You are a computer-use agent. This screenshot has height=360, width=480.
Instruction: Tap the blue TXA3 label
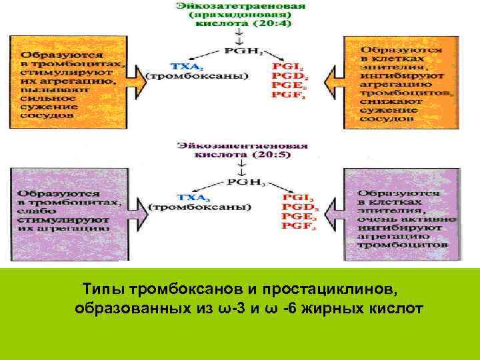[186, 197]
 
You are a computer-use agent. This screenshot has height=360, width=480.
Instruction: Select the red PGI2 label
[289, 67]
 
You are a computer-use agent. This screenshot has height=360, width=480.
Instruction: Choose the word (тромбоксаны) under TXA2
[197, 75]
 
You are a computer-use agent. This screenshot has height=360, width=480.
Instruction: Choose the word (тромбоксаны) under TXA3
[200, 207]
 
